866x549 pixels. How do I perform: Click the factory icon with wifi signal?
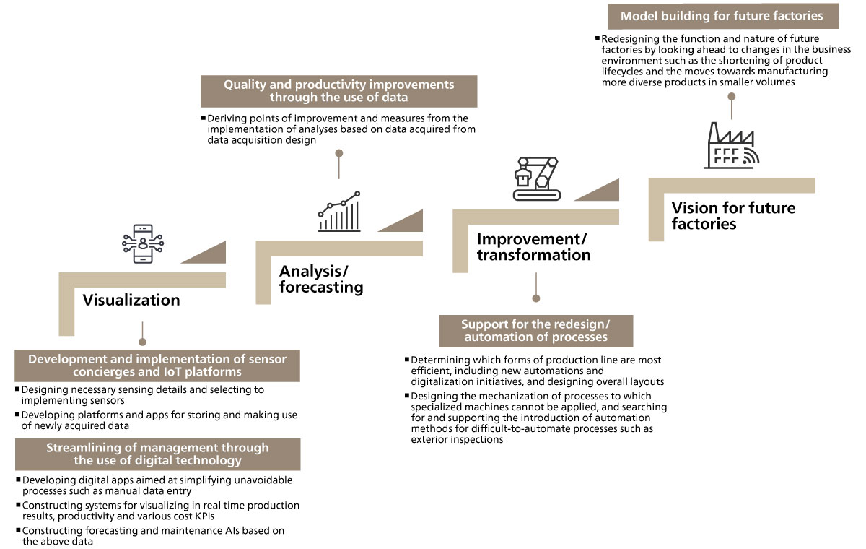coord(732,147)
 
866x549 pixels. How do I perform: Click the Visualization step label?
coord(131,300)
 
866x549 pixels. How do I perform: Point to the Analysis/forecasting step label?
coord(321,279)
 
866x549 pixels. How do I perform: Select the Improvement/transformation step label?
coord(533,247)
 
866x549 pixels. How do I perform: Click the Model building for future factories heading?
coord(722,16)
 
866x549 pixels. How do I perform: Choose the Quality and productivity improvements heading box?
coord(338,91)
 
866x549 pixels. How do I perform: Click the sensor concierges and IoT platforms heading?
coord(157,366)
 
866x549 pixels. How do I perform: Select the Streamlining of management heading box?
coord(157,454)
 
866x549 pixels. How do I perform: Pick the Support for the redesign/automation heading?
coord(535,331)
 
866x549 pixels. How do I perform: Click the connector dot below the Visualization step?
coord(142,342)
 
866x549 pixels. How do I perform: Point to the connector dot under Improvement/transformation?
coord(535,298)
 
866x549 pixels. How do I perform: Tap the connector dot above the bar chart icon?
coord(338,153)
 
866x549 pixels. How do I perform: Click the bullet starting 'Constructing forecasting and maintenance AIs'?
coord(153,535)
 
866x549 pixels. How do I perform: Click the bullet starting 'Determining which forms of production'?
coord(535,371)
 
